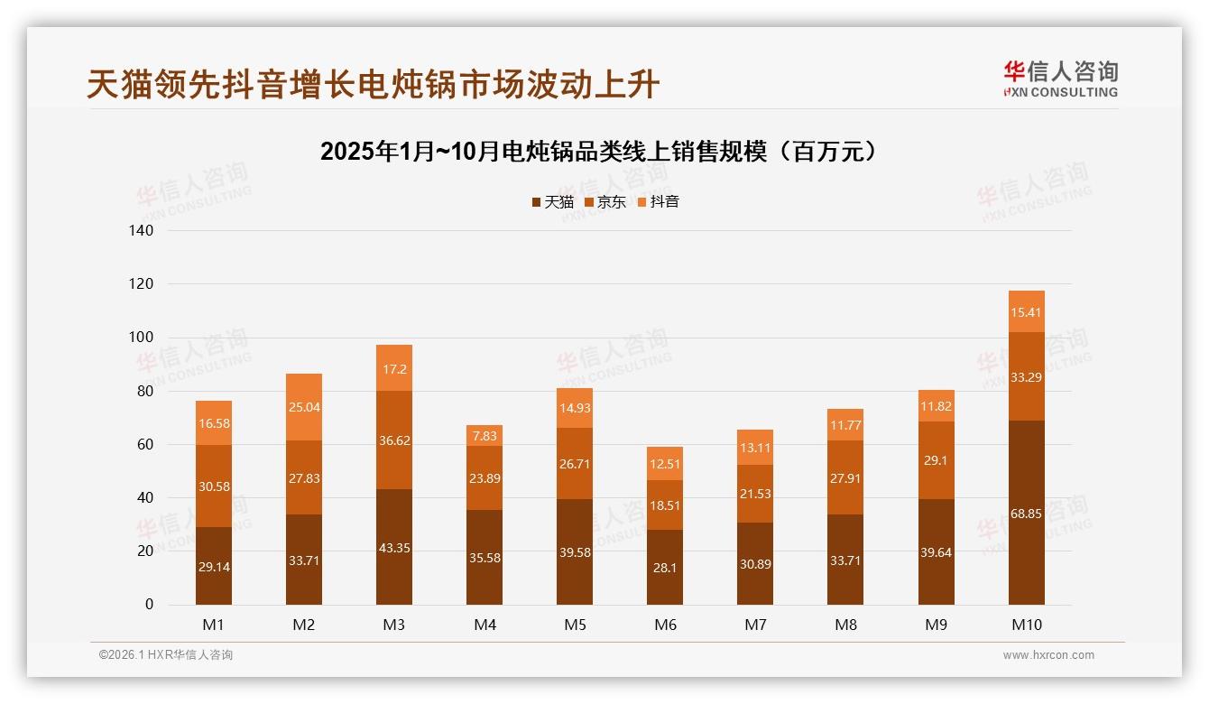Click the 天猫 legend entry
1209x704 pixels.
(552, 201)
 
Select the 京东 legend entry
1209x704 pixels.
(605, 201)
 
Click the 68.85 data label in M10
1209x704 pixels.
(1026, 514)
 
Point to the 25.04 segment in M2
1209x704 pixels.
(303, 407)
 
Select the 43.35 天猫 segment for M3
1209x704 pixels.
(394, 548)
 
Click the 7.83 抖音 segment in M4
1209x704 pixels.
(485, 435)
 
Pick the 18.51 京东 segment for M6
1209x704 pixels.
(665, 505)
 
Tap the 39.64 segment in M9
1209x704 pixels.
(936, 552)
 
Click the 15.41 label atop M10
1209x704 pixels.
(1026, 312)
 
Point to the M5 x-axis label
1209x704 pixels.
(575, 625)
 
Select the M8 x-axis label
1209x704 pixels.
(845, 625)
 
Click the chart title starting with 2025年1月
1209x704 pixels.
(598, 152)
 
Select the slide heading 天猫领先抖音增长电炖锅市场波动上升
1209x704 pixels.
(374, 85)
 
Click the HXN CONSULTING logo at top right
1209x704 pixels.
(1060, 79)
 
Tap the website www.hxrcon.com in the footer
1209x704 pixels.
(1048, 655)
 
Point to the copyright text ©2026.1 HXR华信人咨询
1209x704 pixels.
(166, 655)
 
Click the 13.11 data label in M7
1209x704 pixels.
(755, 447)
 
